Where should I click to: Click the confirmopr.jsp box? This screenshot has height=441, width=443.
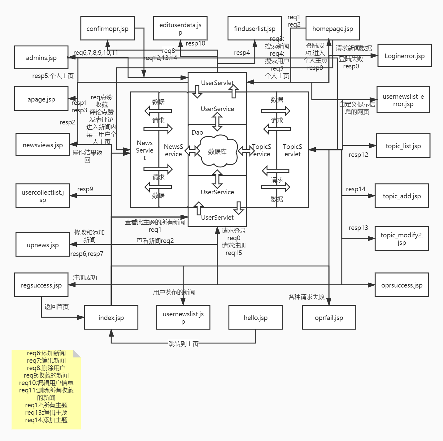pyautogui.click(x=107, y=28)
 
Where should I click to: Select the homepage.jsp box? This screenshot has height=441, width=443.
pyautogui.click(x=332, y=28)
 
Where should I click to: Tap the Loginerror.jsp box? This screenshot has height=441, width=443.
pyautogui.click(x=404, y=56)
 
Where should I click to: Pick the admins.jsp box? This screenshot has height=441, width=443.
pyautogui.click(x=41, y=58)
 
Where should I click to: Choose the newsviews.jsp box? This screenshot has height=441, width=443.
pyautogui.click(x=43, y=145)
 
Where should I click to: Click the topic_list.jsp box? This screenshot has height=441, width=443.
pyautogui.click(x=403, y=146)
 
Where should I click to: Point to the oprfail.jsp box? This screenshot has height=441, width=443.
pyautogui.click(x=329, y=318)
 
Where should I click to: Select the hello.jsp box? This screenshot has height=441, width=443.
pyautogui.click(x=255, y=318)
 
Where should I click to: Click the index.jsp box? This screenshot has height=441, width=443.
pyautogui.click(x=111, y=318)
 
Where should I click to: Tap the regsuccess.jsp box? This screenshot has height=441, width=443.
pyautogui.click(x=41, y=285)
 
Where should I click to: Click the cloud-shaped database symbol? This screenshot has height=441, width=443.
pyautogui.click(x=217, y=151)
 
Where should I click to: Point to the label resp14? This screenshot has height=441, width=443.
pyautogui.click(x=356, y=189)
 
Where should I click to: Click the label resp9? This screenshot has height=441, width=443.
pyautogui.click(x=85, y=189)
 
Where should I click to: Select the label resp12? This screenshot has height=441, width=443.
pyautogui.click(x=358, y=155)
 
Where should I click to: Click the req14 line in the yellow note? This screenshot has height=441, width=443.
pyautogui.click(x=46, y=420)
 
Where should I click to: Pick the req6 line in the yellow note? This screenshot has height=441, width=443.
pyautogui.click(x=46, y=353)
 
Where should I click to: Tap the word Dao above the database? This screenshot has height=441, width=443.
pyautogui.click(x=197, y=132)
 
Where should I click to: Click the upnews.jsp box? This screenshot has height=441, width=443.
pyautogui.click(x=43, y=245)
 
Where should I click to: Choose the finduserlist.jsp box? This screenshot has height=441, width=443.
pyautogui.click(x=254, y=28)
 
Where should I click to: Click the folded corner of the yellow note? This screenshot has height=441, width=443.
pyautogui.click(x=77, y=354)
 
